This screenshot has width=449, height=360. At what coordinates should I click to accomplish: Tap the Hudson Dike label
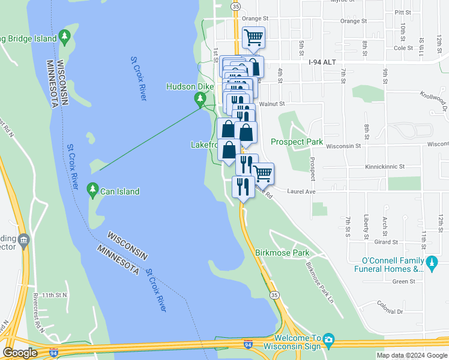[190, 87]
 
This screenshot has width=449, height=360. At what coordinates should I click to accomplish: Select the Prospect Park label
[297, 142]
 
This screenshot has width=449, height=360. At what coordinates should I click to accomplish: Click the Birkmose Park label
[283, 253]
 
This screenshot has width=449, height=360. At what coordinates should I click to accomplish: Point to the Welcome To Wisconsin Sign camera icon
[328, 341]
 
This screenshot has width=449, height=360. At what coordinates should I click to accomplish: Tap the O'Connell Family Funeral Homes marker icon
[431, 262]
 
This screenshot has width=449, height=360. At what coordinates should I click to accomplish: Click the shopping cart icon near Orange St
[254, 38]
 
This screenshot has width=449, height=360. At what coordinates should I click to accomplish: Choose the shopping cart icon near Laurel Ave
[263, 173]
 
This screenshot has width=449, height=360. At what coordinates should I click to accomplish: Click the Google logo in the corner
[20, 352]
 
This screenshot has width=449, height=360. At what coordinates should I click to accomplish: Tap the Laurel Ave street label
[301, 192]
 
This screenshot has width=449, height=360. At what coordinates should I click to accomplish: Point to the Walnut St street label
[272, 104]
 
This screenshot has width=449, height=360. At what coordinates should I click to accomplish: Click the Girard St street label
[387, 242]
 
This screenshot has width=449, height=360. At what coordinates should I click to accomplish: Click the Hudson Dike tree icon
[200, 98]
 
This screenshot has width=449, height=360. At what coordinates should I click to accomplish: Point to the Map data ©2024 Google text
[412, 355]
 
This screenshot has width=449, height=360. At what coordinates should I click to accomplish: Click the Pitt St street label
[403, 12]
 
